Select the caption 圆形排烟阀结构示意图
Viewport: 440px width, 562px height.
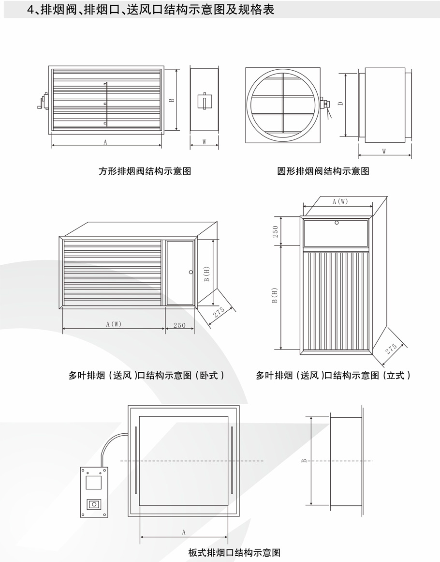point(323,171)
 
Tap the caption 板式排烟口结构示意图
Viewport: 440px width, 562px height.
point(234,552)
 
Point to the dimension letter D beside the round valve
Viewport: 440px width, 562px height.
point(341,104)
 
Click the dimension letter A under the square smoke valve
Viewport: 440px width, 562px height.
point(105,142)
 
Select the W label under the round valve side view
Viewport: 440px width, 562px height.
point(384,151)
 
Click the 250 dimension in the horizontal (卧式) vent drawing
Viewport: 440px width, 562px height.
point(179,325)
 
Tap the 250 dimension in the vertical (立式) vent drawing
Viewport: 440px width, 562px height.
point(276,231)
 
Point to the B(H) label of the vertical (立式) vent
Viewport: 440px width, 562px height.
point(275,296)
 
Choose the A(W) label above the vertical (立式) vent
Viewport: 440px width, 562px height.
point(340,201)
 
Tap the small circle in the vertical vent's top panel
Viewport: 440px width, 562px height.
point(337,223)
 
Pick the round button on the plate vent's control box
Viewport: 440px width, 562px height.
point(94,504)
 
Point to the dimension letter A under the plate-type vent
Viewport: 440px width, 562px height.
point(184,532)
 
